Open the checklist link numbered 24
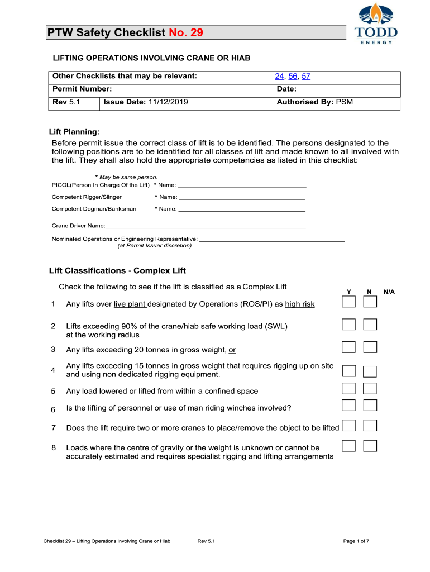[279, 77]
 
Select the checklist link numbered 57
[306, 77]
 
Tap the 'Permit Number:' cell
[82, 89]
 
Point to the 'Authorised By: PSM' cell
[314, 102]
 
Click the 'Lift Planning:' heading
[74, 132]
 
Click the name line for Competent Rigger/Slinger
[241, 197]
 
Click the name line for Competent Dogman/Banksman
[241, 209]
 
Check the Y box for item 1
[348, 302]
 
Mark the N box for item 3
[370, 347]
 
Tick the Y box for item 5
[348, 389]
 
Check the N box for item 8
[370, 446]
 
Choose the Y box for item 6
[348, 406]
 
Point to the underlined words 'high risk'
[300, 304]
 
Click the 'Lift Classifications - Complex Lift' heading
[117, 271]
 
